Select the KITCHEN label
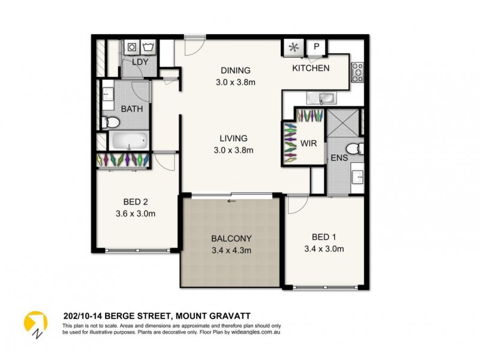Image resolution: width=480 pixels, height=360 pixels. point(310,68)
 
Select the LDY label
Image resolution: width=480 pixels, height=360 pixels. point(140,62)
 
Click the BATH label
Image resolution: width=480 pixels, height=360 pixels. point(131,109)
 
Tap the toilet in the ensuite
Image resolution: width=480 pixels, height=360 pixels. point(354,148)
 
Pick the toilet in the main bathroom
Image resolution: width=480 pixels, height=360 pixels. point(110,123)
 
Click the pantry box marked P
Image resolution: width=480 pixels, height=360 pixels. point(316,47)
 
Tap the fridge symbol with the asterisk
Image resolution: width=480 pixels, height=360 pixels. point(294,47)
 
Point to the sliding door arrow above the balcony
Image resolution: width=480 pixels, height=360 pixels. point(231,201)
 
